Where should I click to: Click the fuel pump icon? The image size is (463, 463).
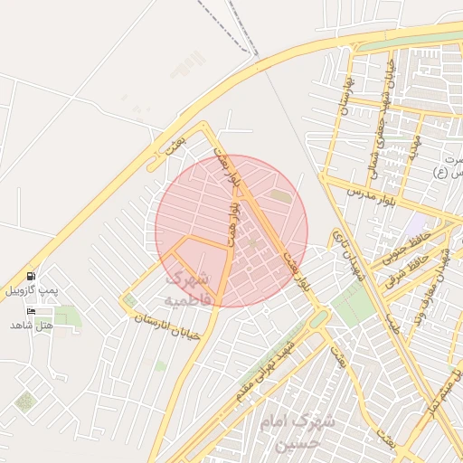(32, 276)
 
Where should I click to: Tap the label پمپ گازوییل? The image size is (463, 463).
(32, 290)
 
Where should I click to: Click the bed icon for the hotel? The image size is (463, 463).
(32, 311)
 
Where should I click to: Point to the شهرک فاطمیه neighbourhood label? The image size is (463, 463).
(189, 287)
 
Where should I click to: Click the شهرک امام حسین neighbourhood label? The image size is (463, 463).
(297, 432)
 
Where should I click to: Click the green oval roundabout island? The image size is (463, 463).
(318, 319)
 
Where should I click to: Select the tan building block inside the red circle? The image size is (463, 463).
(281, 194)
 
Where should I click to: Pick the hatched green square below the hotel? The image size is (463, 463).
(25, 402)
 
